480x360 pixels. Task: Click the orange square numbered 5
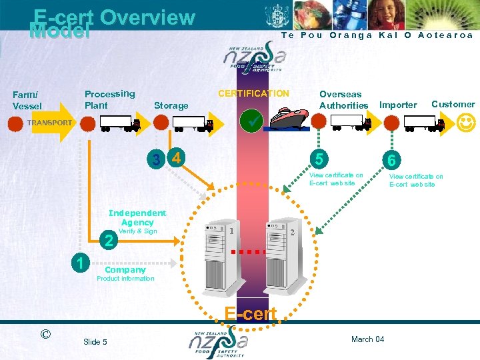321,159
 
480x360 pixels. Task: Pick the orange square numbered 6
393,159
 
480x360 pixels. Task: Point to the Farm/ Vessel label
27,101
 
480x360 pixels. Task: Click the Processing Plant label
109,99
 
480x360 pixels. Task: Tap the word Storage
171,105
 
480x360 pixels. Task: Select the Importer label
397,105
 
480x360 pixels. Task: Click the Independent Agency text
137,217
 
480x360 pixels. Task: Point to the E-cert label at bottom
251,314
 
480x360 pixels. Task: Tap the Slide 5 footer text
95,342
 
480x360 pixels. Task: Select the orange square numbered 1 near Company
80,262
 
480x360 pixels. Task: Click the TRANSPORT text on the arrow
49,123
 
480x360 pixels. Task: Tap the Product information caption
125,279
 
